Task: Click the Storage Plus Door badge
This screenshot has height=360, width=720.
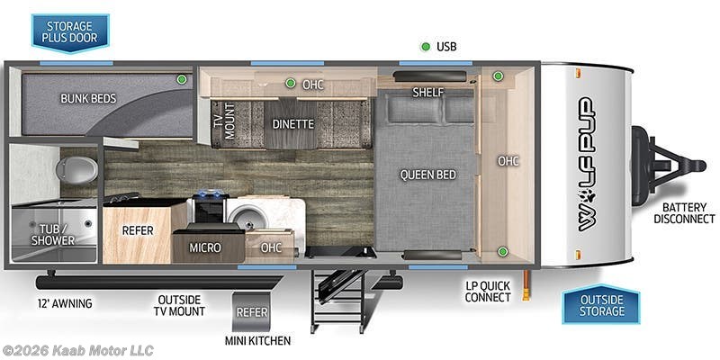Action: pyautogui.click(x=70, y=32)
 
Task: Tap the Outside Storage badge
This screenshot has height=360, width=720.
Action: pyautogui.click(x=601, y=305)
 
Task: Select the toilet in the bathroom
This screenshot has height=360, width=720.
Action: pyautogui.click(x=76, y=169)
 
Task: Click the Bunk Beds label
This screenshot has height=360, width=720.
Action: pyautogui.click(x=88, y=98)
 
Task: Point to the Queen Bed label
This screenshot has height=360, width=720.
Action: pyautogui.click(x=428, y=175)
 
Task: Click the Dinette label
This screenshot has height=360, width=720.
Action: pyautogui.click(x=293, y=124)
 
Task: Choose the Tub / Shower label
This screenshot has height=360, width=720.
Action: pyautogui.click(x=53, y=234)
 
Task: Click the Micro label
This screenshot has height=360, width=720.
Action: pyautogui.click(x=205, y=247)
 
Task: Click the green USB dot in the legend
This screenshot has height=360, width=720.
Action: pyautogui.click(x=426, y=47)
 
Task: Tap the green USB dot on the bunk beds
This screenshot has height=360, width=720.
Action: pyautogui.click(x=182, y=79)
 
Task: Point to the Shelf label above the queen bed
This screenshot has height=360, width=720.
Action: pyautogui.click(x=428, y=93)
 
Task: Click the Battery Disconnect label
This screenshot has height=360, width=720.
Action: pyautogui.click(x=684, y=213)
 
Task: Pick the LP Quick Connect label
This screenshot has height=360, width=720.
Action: pyautogui.click(x=488, y=291)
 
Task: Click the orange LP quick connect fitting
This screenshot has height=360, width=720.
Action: pyautogui.click(x=526, y=285)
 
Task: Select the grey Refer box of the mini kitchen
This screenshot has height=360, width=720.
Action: pyautogui.click(x=251, y=311)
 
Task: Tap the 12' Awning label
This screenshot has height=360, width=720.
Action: pyautogui.click(x=65, y=303)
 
